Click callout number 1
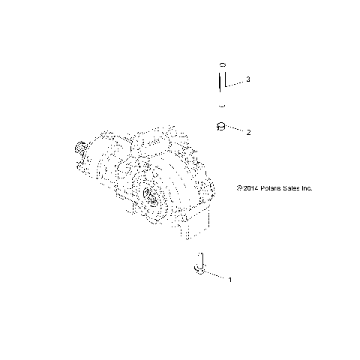(x=229, y=280)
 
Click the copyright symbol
(x=216, y=189)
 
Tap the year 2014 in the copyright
(x=227, y=189)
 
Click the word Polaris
(x=248, y=189)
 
